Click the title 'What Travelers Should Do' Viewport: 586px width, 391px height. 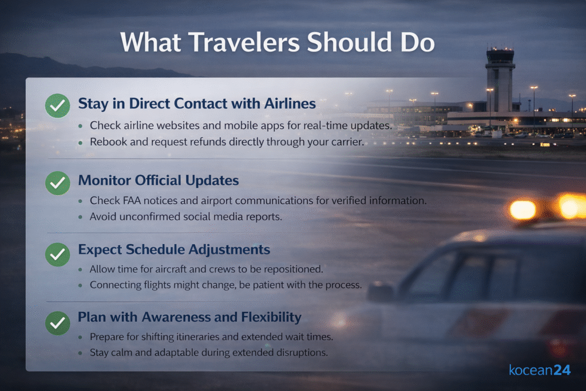278,42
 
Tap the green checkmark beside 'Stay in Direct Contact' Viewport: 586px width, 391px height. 58,106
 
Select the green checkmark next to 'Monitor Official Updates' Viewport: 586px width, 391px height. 58,183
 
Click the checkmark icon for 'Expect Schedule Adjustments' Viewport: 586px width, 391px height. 58,255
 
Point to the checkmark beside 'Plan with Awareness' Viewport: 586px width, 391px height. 58,323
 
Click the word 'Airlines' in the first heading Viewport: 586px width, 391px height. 290,104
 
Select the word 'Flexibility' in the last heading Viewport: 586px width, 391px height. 271,317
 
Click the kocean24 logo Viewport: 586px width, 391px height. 540,370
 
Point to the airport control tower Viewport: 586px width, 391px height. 500,80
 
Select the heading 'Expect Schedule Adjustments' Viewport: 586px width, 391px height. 174,250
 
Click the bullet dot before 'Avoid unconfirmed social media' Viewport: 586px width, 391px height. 80,217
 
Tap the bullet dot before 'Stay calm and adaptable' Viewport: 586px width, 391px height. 80,353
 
